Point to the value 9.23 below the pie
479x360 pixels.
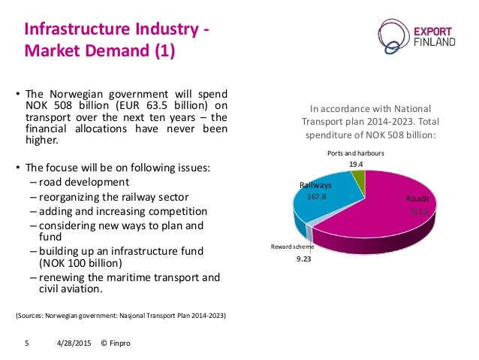pos(303,259)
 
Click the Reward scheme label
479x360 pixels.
pos(292,246)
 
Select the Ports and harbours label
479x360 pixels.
pos(356,153)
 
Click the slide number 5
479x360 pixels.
pos(27,343)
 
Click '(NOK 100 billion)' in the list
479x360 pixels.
pos(81,264)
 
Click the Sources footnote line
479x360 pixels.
pos(121,313)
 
